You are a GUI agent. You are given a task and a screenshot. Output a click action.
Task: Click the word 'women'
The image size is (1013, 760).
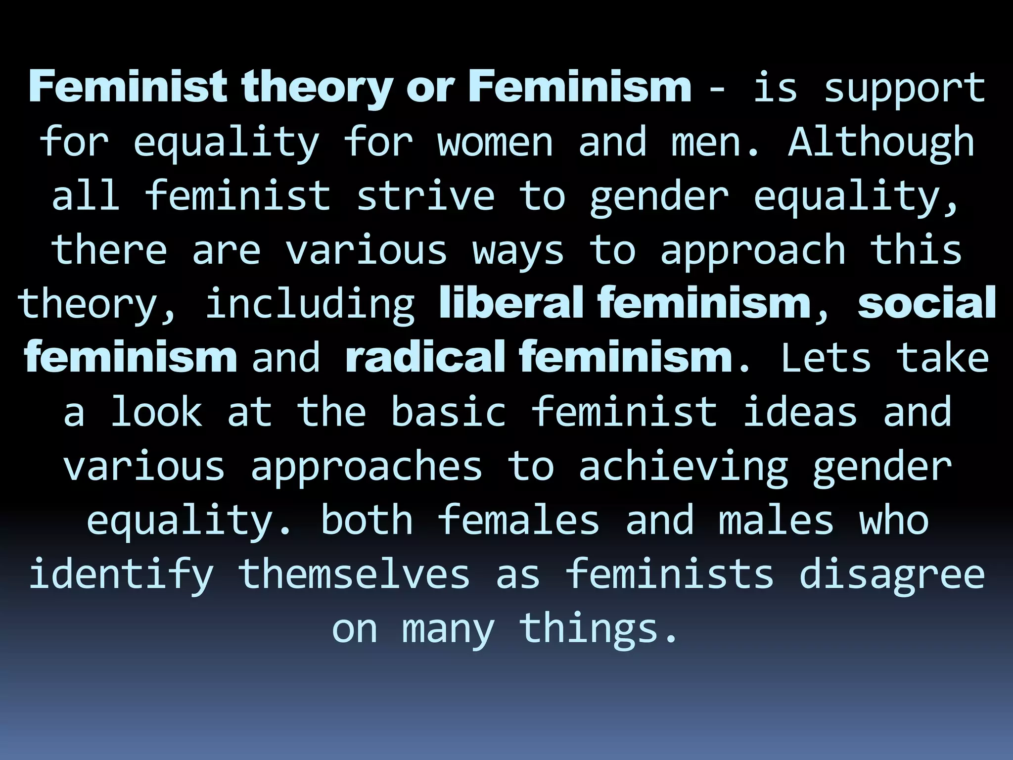point(495,142)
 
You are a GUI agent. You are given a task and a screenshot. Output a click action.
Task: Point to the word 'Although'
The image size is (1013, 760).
point(881,142)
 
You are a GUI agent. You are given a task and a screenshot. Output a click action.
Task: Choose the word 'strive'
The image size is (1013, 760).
point(425,196)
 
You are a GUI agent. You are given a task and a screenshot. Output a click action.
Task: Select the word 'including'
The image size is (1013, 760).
point(310,304)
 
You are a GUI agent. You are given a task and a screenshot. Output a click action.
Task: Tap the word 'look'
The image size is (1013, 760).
point(156,412)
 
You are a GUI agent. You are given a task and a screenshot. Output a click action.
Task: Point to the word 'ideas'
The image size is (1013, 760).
point(800,412)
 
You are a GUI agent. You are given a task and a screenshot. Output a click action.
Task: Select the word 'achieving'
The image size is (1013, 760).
point(683,467)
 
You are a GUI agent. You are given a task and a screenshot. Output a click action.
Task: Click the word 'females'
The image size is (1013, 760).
point(518,521)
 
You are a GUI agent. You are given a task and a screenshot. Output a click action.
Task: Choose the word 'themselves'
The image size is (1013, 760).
point(354,575)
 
